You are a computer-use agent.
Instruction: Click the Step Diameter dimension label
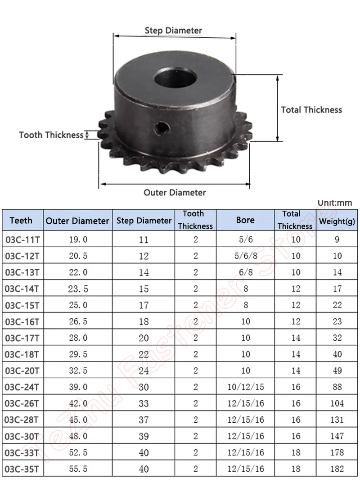click(x=173, y=31)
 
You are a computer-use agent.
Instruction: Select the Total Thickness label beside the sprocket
click(x=311, y=109)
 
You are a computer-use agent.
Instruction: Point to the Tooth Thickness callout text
click(x=51, y=135)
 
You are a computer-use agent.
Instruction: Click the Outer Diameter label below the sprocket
click(x=175, y=192)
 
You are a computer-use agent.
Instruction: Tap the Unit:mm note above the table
click(x=334, y=203)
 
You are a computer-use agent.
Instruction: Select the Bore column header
click(x=245, y=220)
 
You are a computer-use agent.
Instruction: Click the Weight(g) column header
click(x=337, y=221)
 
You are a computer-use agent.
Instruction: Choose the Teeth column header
click(x=21, y=221)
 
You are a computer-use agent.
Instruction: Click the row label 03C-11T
click(x=22, y=239)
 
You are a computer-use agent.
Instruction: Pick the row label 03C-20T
click(x=22, y=371)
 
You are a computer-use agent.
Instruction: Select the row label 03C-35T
click(x=22, y=469)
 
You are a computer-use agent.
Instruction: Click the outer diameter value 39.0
click(x=78, y=387)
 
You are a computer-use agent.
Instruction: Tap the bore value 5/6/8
click(x=245, y=256)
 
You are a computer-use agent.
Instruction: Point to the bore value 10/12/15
click(x=245, y=387)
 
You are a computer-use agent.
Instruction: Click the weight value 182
click(x=337, y=469)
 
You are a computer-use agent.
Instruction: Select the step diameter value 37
click(x=144, y=420)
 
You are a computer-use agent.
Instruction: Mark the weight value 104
click(x=337, y=403)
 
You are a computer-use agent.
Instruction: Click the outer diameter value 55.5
click(x=78, y=469)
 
